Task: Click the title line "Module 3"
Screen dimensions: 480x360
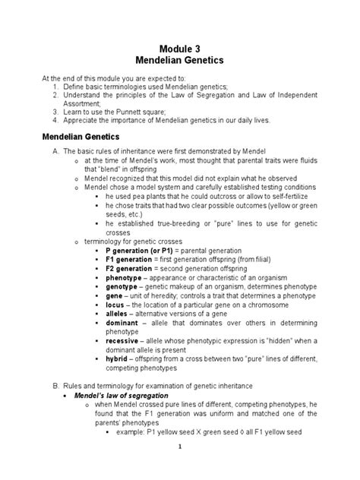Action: (180, 48)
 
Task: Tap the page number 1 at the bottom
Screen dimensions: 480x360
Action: (178, 468)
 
